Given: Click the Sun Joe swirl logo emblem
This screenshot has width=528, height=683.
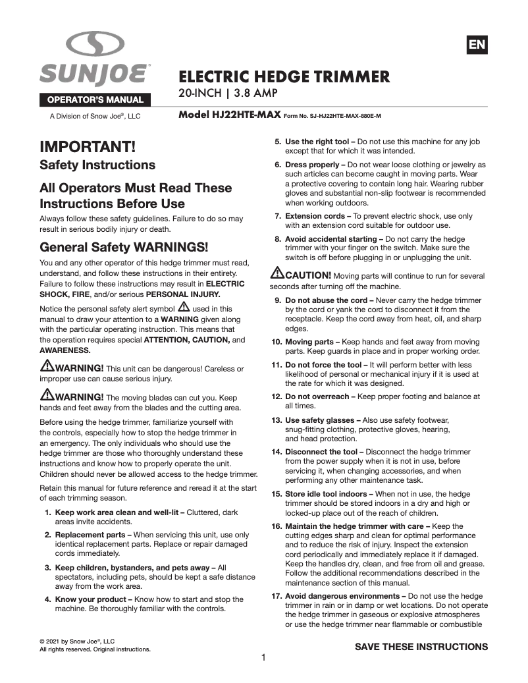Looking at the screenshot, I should click(x=95, y=45).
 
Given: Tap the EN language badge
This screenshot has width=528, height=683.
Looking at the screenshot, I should click(x=477, y=45).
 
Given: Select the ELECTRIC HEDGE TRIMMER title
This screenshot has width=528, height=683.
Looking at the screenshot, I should click(x=284, y=77).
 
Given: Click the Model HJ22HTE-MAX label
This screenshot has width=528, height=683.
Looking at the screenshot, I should click(x=230, y=115).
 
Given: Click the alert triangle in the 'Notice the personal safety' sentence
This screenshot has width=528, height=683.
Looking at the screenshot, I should click(x=184, y=308).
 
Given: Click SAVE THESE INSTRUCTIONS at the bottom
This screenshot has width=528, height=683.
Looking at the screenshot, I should click(x=421, y=647).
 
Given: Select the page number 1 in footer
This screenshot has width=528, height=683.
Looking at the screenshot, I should click(x=263, y=658).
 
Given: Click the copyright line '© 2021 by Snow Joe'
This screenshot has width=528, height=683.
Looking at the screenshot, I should click(x=77, y=641).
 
